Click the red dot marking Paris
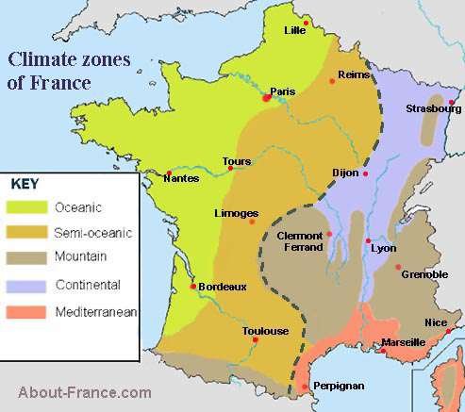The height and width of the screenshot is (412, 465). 265,97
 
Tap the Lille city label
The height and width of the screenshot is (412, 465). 296,30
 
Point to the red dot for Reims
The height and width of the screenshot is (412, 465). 332,82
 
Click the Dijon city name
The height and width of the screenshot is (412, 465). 346,173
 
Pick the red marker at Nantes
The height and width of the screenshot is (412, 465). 168,173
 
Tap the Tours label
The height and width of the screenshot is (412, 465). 236,161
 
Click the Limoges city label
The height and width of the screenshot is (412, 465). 236,212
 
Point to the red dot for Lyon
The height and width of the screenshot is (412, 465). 368,241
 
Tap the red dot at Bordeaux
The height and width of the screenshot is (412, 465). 193,286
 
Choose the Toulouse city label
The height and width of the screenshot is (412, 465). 265,331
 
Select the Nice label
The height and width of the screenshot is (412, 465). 436,322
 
